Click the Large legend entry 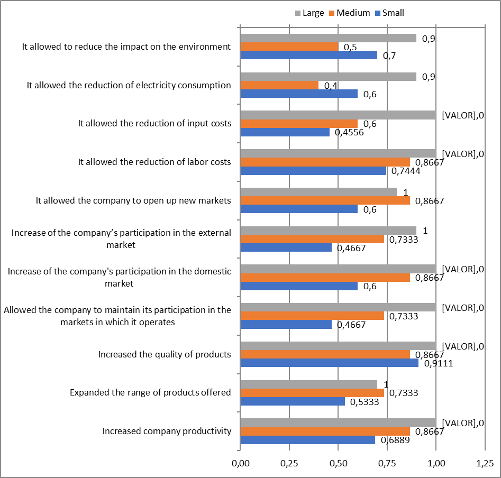pos(309,13)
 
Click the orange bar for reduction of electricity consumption pos(279,85)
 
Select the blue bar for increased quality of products pos(329,363)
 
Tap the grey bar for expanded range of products pos(308,384)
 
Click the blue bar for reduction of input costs pos(285,132)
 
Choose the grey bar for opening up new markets pos(318,192)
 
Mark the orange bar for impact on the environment pos(289,47)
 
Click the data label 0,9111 pos(436,364)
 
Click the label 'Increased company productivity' pos(167,431)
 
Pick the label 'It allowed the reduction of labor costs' pos(154,162)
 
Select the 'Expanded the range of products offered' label pos(150,392)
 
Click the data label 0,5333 pos(362,402)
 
